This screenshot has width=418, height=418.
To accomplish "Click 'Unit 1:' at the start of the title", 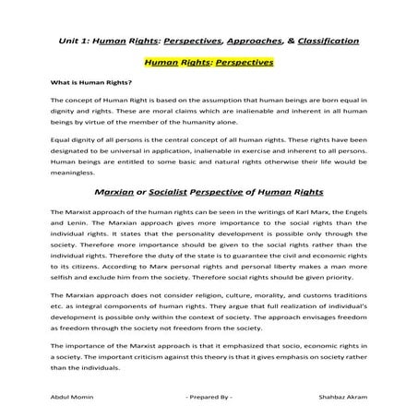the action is click(x=73, y=42).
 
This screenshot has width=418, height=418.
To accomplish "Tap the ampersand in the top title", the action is click(x=287, y=42).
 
